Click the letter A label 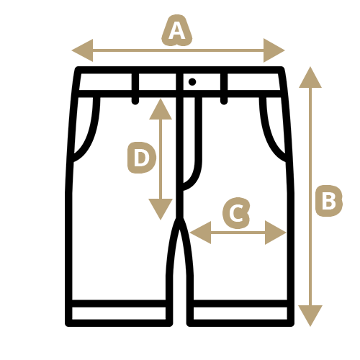point(177,31)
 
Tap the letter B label point(329,201)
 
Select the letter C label point(236,213)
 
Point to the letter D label point(142,158)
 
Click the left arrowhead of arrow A point(82,50)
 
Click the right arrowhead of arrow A point(274,50)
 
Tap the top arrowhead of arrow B point(310,77)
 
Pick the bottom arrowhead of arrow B point(310,315)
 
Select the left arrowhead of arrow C point(200,233)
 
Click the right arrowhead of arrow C point(276,233)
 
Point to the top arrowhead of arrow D point(161,109)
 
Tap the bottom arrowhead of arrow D point(161,210)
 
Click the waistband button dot point(192,82)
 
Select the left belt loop point(135,88)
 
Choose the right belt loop point(224,88)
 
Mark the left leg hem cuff point(119,313)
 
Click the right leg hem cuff point(240,313)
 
